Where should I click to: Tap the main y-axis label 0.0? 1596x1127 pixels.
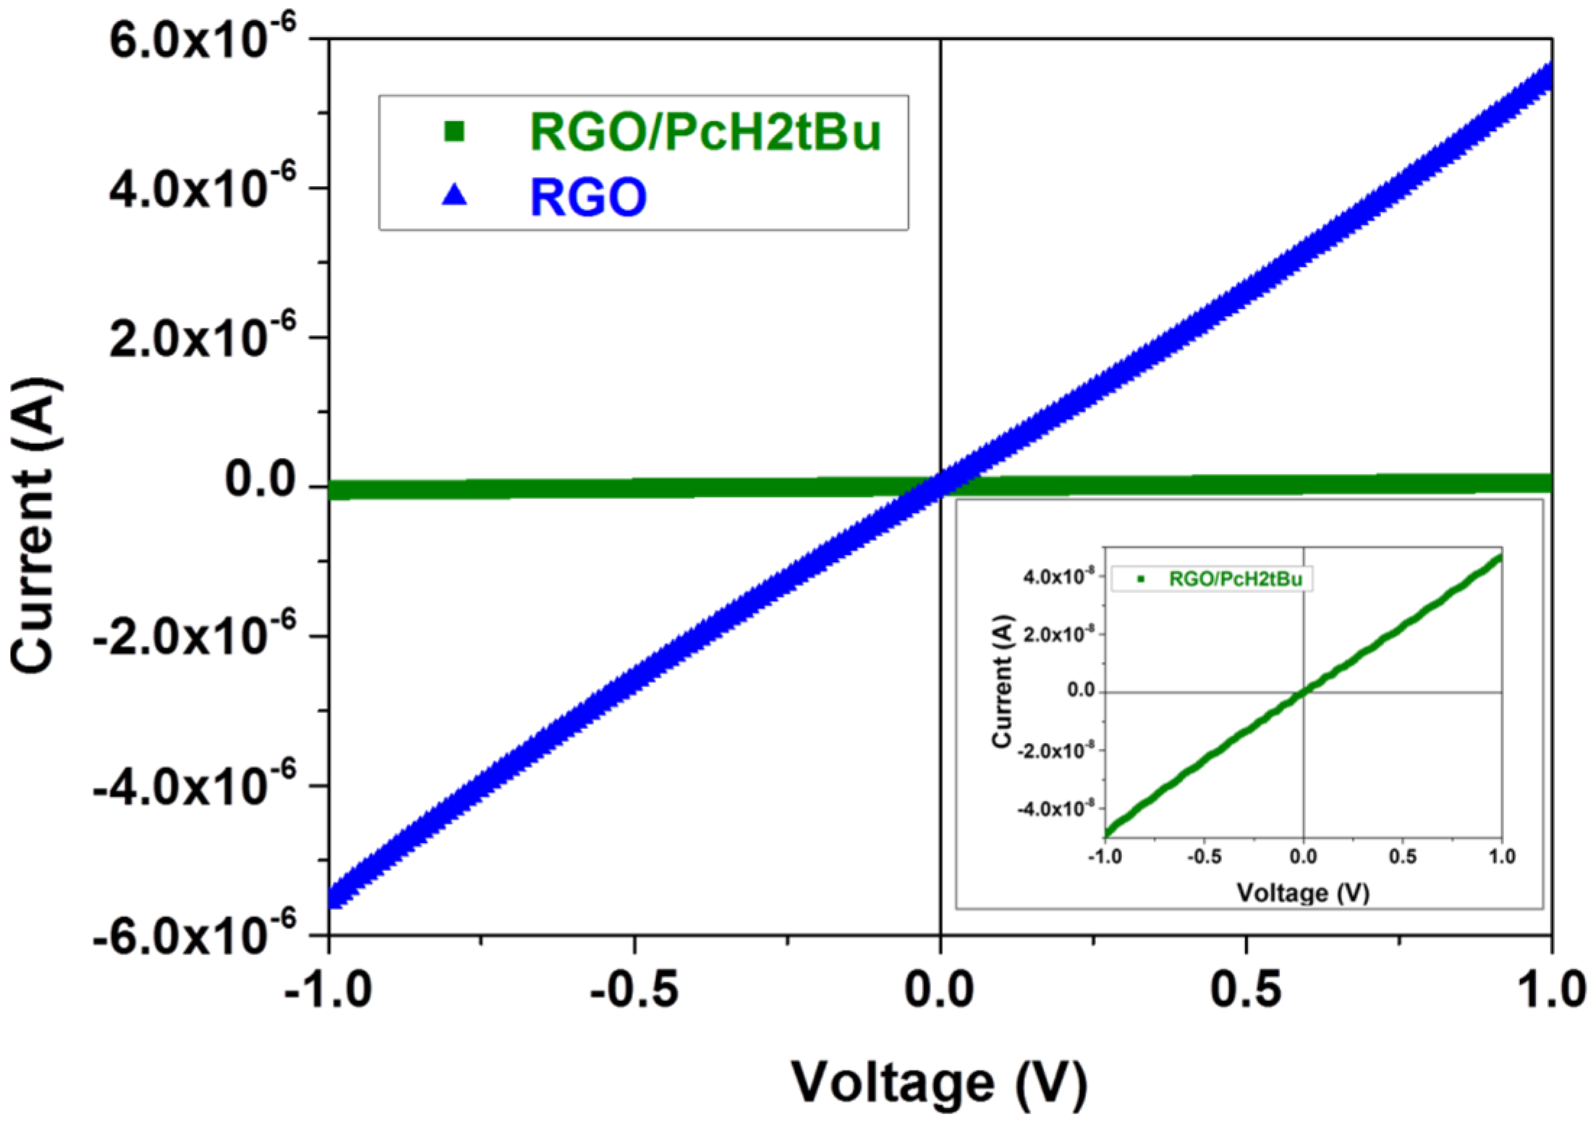[261, 480]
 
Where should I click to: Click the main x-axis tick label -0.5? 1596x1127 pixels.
[634, 990]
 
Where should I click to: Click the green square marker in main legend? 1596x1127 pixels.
[454, 131]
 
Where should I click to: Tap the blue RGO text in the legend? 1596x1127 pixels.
[588, 197]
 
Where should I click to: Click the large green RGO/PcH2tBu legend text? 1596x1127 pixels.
[705, 132]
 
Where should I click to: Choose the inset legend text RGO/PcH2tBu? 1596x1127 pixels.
[1235, 579]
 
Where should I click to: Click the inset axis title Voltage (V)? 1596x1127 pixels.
[1303, 892]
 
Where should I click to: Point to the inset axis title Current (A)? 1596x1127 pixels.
[1002, 681]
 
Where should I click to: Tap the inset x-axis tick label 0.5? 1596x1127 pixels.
[1402, 856]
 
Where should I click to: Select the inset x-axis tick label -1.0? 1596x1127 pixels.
[1105, 856]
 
